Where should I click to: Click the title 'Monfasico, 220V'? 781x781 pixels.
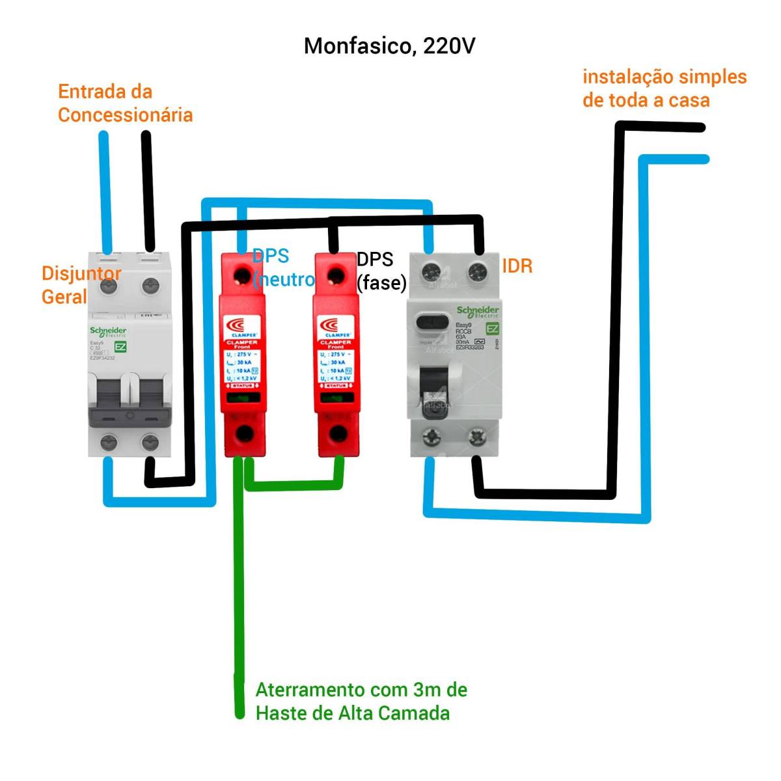click(x=389, y=46)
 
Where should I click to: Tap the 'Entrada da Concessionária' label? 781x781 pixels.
click(x=125, y=103)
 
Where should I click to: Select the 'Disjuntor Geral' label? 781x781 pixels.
click(x=79, y=285)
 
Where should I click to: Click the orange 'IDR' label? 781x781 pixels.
click(x=517, y=266)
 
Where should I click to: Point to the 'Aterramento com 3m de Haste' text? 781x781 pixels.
click(x=361, y=701)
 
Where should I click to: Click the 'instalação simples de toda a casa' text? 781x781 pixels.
click(x=664, y=89)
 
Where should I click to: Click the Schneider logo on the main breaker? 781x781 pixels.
click(x=108, y=332)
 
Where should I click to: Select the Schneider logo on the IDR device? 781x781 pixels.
click(x=478, y=312)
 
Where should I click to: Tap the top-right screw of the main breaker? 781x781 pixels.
click(x=151, y=284)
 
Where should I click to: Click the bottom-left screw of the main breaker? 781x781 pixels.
click(x=108, y=443)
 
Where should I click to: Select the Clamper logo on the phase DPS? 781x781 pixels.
click(x=336, y=325)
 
